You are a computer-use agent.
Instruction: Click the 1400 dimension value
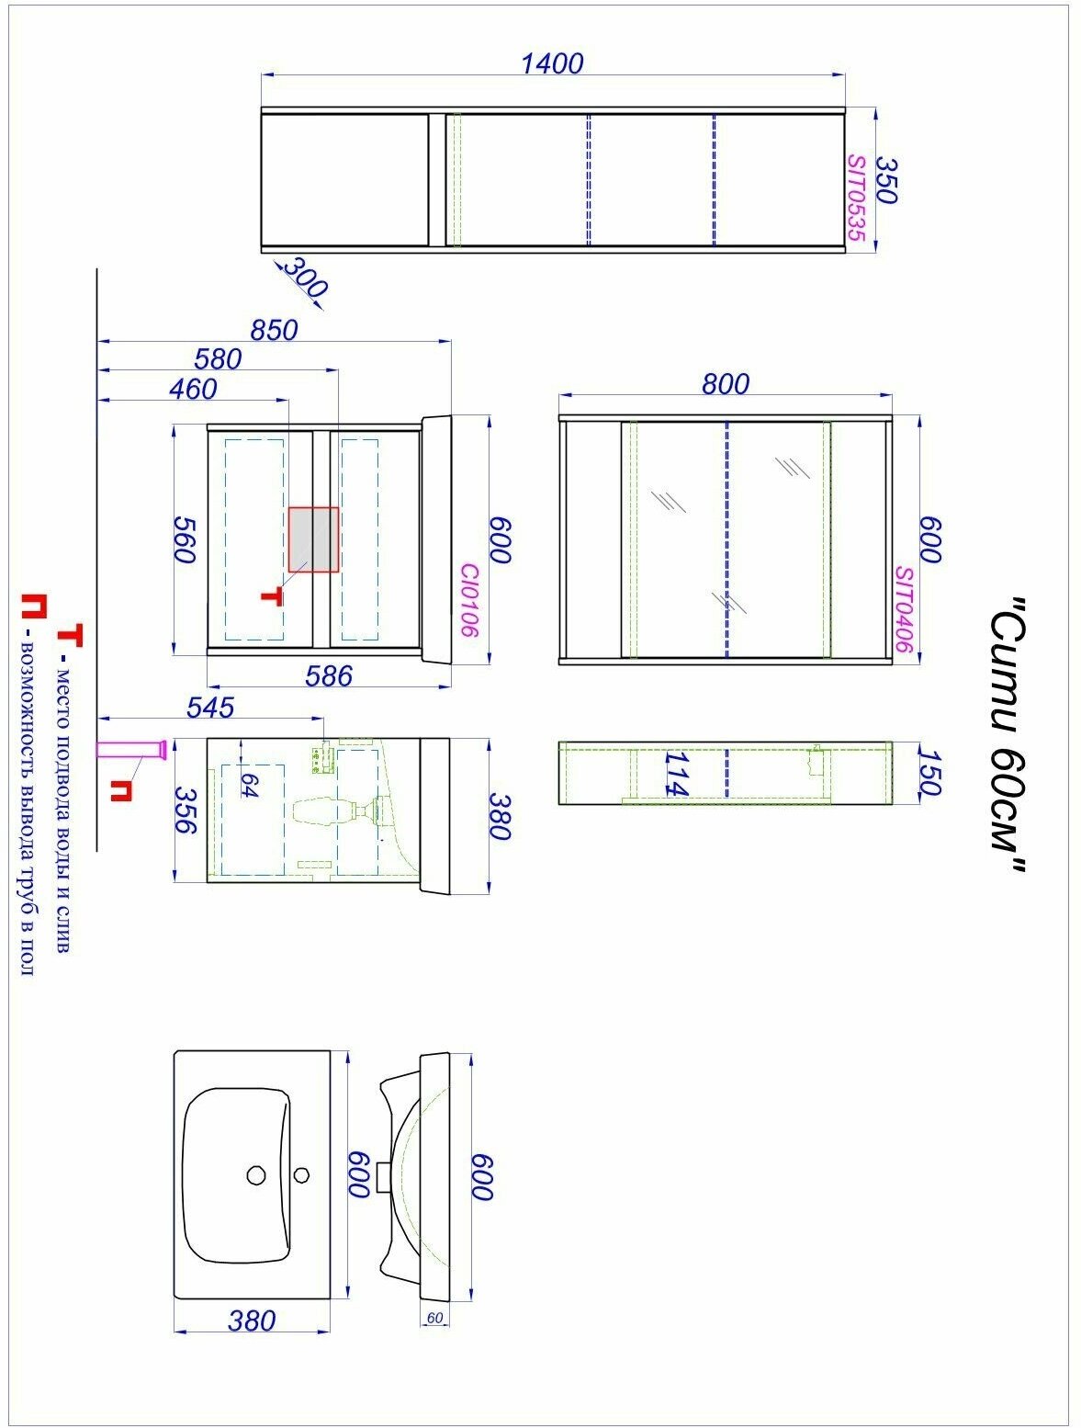(x=552, y=63)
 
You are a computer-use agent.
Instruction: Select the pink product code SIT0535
(x=857, y=198)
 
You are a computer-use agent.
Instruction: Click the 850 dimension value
(x=274, y=330)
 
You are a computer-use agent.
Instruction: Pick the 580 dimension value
(x=218, y=359)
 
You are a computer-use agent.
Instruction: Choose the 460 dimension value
(x=192, y=389)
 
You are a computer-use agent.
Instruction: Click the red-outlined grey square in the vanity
(x=313, y=539)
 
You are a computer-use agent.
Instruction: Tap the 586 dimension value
(x=329, y=676)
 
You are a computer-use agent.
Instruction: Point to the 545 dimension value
(x=210, y=708)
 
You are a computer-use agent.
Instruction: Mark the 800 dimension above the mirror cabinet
(x=726, y=384)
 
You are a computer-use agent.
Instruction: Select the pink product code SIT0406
(x=905, y=609)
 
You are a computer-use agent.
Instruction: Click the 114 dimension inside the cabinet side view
(x=677, y=774)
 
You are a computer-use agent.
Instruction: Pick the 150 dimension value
(x=929, y=773)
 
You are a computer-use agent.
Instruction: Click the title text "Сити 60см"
(x=1008, y=735)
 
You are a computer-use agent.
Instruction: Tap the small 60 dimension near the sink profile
(x=434, y=1318)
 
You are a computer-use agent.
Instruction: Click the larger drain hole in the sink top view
(x=256, y=1175)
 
